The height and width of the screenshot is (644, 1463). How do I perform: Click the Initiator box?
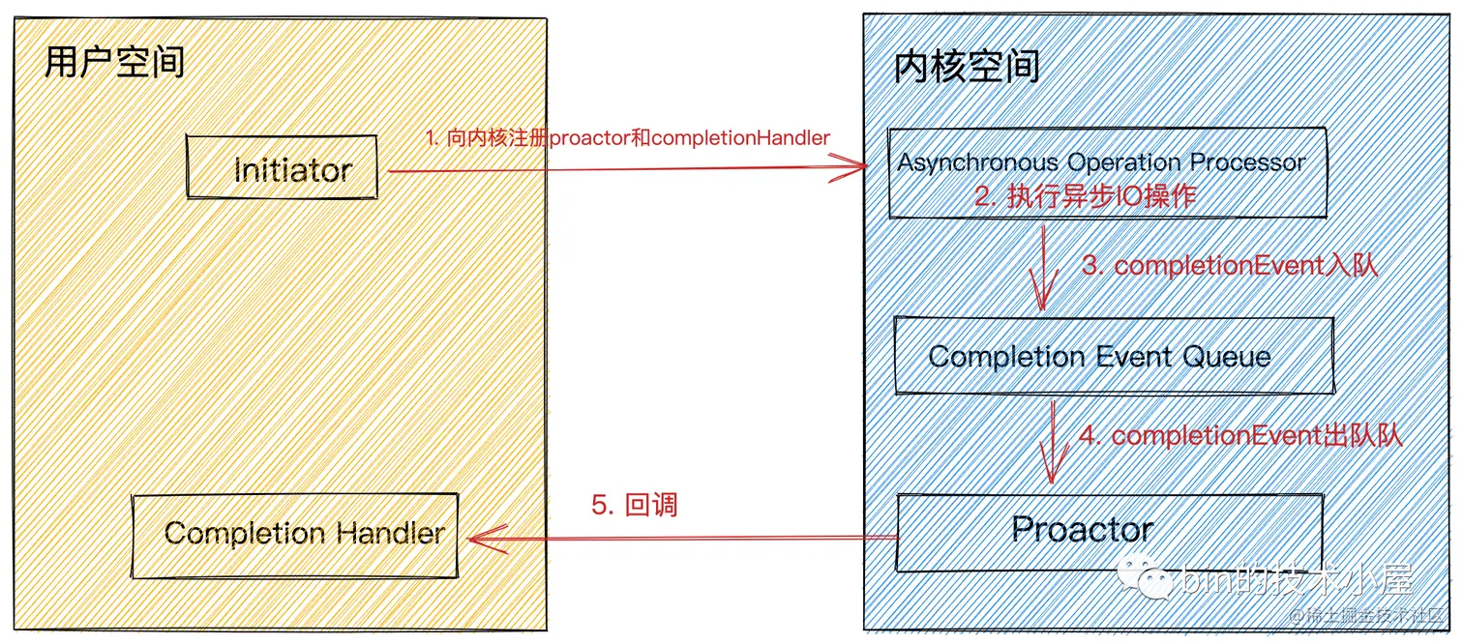pyautogui.click(x=283, y=170)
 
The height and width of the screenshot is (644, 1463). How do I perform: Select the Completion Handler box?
pyautogui.click(x=294, y=535)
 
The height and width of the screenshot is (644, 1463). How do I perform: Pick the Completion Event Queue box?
pyautogui.click(x=1113, y=356)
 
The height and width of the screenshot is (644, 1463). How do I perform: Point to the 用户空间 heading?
pyautogui.click(x=114, y=63)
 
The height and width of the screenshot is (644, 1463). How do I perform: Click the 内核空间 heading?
pyautogui.click(x=967, y=66)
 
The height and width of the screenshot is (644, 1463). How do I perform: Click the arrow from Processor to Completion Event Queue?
pyautogui.click(x=1042, y=266)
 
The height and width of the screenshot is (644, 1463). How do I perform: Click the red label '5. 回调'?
pyautogui.click(x=634, y=505)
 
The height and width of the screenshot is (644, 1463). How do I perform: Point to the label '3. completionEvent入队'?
pyautogui.click(x=1229, y=266)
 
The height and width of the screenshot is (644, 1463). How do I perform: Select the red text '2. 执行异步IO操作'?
pyautogui.click(x=1085, y=197)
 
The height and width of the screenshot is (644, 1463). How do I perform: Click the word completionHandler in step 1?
pyautogui.click(x=740, y=138)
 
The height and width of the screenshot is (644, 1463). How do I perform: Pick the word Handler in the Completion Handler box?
pyautogui.click(x=390, y=533)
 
